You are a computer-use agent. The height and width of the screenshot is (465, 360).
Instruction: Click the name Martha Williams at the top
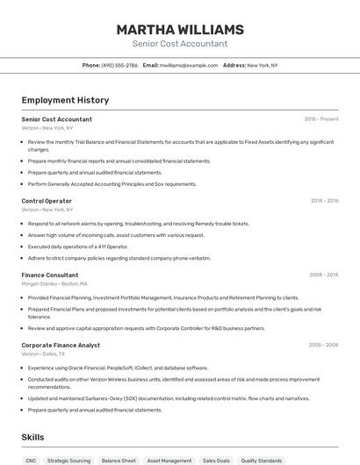point(179,29)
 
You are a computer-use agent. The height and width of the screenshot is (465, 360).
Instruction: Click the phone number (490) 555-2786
point(119,65)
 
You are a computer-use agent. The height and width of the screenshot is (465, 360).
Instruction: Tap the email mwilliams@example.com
point(188,65)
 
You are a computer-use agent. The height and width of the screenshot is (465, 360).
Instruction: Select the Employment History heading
point(65,100)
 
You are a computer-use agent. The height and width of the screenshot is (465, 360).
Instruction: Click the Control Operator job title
point(47,201)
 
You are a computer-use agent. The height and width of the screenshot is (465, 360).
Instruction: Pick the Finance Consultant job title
point(50,275)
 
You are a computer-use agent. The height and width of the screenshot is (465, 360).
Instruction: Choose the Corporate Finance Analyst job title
point(61,345)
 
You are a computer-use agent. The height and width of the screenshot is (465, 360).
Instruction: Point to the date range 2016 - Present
point(321,119)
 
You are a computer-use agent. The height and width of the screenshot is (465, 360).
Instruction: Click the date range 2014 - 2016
point(324,201)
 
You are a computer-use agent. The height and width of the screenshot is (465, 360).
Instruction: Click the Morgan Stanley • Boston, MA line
point(54,284)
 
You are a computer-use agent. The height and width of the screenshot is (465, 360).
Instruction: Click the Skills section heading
point(32,437)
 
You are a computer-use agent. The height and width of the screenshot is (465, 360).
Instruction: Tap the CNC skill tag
point(31,460)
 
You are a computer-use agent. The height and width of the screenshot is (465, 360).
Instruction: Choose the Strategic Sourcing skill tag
point(68,460)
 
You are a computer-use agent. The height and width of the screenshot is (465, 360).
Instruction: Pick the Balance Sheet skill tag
point(119,460)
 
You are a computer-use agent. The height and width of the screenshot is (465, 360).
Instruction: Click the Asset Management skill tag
point(169,460)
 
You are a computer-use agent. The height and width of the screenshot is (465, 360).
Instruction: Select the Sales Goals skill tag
point(216,460)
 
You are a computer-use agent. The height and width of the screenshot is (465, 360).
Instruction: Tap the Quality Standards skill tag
point(262,460)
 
